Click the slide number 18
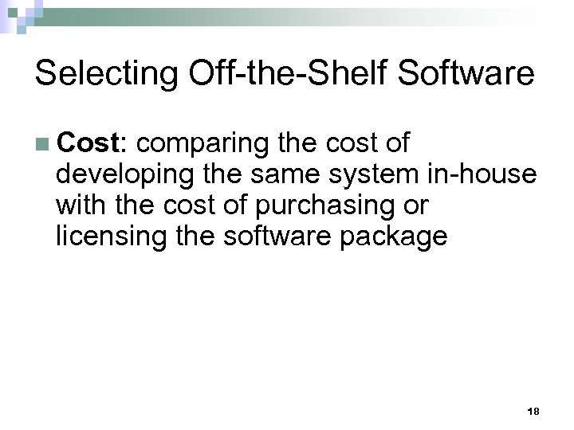point(533,410)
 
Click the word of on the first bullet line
point(396,143)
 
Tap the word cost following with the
point(183,206)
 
